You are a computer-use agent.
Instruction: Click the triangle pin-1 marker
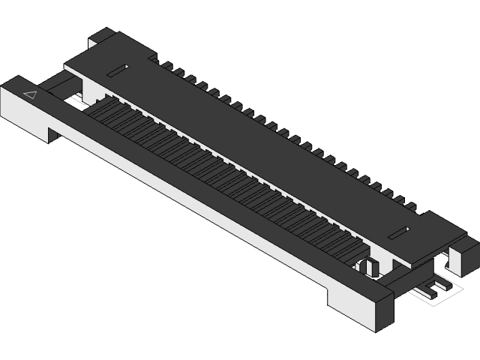pos(31,94)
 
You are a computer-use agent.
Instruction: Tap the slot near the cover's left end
pos(118,70)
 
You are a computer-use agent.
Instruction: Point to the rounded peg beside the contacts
pos(369,265)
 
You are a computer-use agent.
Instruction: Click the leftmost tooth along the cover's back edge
pos(166,66)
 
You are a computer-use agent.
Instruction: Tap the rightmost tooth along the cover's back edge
pos(410,205)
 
